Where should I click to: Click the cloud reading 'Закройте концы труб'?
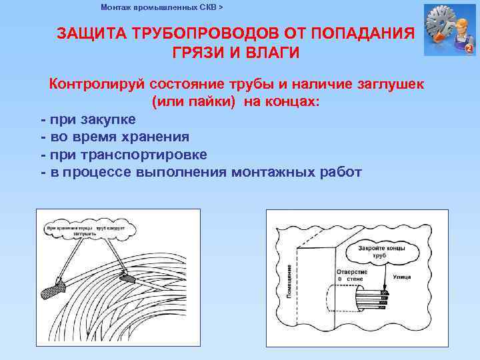pos(381,251)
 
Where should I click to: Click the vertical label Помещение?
pos(289,281)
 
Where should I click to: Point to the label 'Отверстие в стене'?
pos(351,275)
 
